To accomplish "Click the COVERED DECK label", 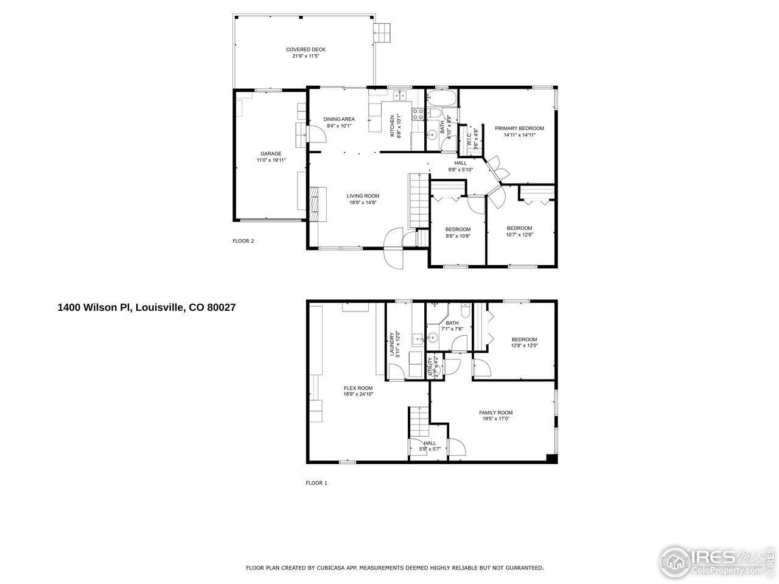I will (x=306, y=49).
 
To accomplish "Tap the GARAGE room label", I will (x=271, y=153).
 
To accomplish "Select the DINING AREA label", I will (x=339, y=119).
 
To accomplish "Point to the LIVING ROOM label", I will (x=363, y=196).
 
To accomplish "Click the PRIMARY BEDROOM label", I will (x=519, y=128).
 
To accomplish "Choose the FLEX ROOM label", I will (x=358, y=388).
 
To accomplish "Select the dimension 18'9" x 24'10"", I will (x=358, y=394).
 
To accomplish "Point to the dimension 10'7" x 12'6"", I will (x=519, y=235).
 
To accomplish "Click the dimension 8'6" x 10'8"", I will (x=458, y=235).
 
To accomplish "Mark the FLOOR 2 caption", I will (x=243, y=241).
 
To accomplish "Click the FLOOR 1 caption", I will (x=316, y=483).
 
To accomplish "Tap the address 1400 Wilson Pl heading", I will (x=146, y=308).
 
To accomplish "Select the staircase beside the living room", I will (x=418, y=200).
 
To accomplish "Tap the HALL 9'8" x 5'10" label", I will (x=461, y=166).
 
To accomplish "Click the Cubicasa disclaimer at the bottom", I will (x=394, y=568).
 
